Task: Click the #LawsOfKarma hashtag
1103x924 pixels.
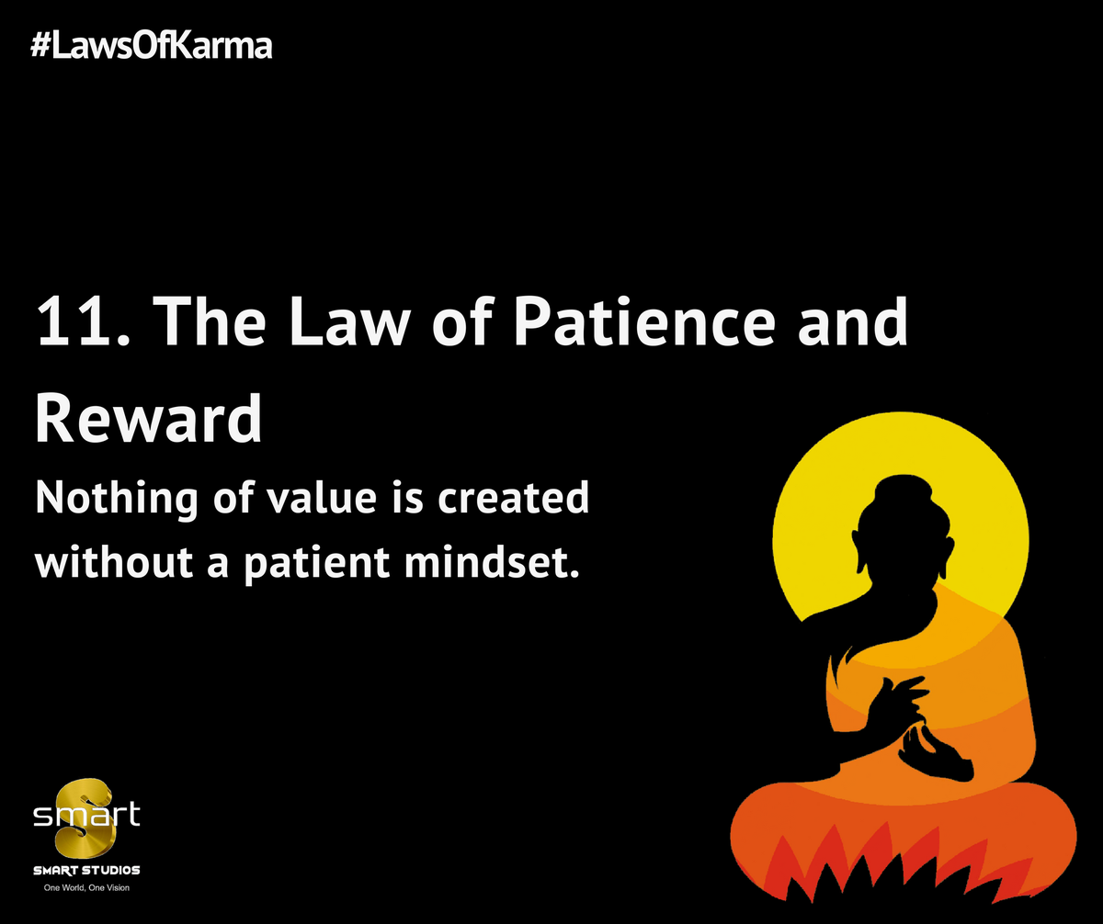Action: pyautogui.click(x=152, y=45)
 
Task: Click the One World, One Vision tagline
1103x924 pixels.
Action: pyautogui.click(x=87, y=889)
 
